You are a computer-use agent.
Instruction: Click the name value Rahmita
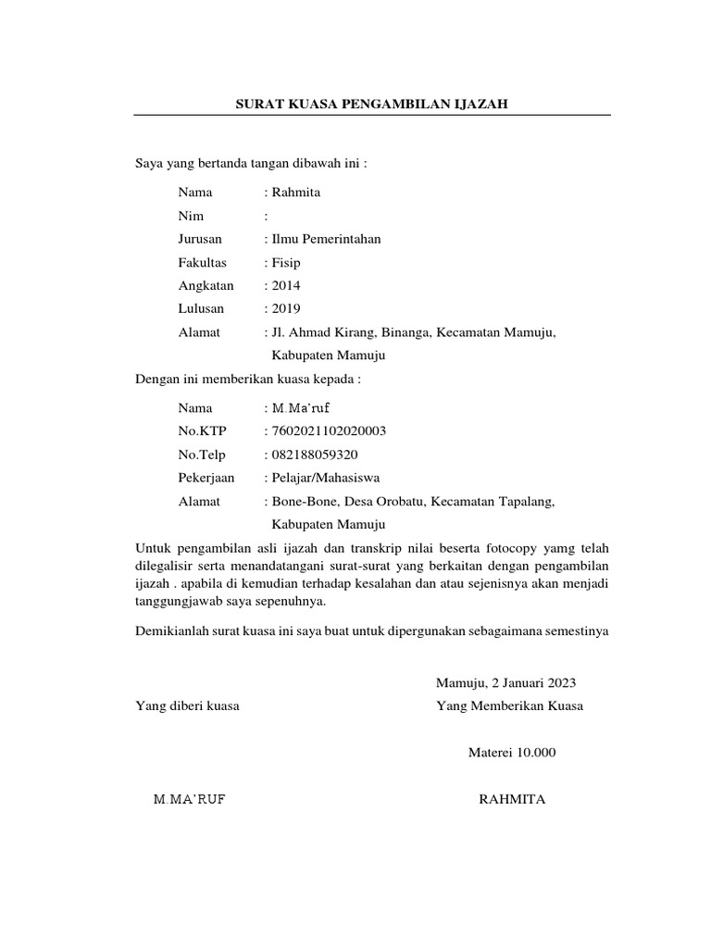(296, 193)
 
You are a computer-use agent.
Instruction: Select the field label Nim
(191, 216)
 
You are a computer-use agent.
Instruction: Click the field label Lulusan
(201, 309)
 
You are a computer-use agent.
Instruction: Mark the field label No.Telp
(202, 455)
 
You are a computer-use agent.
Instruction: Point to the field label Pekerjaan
(206, 478)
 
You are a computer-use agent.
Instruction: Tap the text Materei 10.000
(513, 753)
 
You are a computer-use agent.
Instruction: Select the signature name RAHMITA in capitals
(512, 800)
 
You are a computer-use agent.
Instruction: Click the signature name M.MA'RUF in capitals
(189, 800)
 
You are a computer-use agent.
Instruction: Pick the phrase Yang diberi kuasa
(187, 706)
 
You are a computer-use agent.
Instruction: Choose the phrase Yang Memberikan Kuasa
(510, 706)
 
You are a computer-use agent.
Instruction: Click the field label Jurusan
(200, 239)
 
